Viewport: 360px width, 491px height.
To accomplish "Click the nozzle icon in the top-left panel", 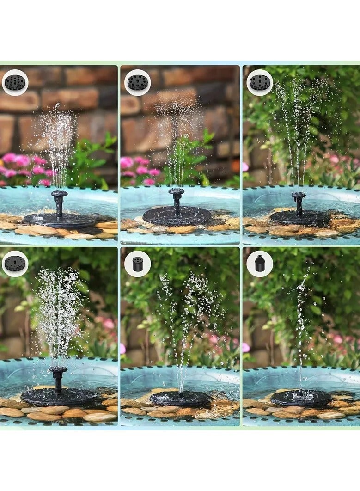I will point(15,82).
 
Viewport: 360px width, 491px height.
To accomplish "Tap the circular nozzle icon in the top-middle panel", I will point(138,82).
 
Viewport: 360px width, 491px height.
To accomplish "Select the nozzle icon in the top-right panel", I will point(260,82).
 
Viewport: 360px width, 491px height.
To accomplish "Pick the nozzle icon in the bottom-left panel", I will point(15,264).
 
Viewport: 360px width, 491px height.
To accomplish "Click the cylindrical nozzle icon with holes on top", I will point(138,264).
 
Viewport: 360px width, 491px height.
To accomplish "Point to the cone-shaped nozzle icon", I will point(260,264).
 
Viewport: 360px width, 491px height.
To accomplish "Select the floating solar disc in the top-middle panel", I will point(177,215).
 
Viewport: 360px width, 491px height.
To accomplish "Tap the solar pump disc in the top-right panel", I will point(300,218).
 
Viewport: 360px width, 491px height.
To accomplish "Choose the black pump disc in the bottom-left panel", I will point(58,396).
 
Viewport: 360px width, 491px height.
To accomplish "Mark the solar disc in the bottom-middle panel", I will point(180,398).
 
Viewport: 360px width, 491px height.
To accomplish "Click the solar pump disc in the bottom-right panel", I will point(301,398).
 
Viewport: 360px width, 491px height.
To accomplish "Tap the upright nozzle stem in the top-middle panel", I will point(177,199).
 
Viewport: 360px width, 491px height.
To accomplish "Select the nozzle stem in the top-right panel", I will point(299,203).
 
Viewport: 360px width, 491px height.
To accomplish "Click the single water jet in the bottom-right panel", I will point(302,324).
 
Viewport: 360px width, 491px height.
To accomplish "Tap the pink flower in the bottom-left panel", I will point(109,324).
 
